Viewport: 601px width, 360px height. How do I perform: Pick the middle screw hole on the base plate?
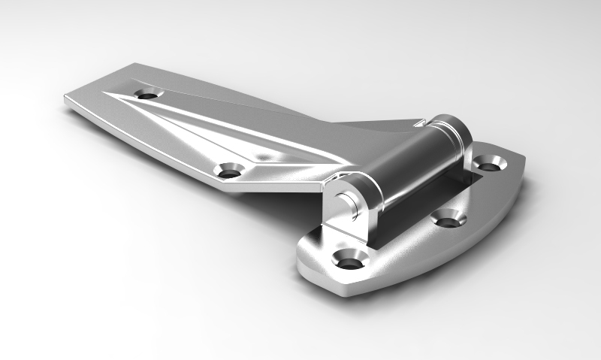(x=448, y=219)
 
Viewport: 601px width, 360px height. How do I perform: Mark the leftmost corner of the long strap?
(x=65, y=99)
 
